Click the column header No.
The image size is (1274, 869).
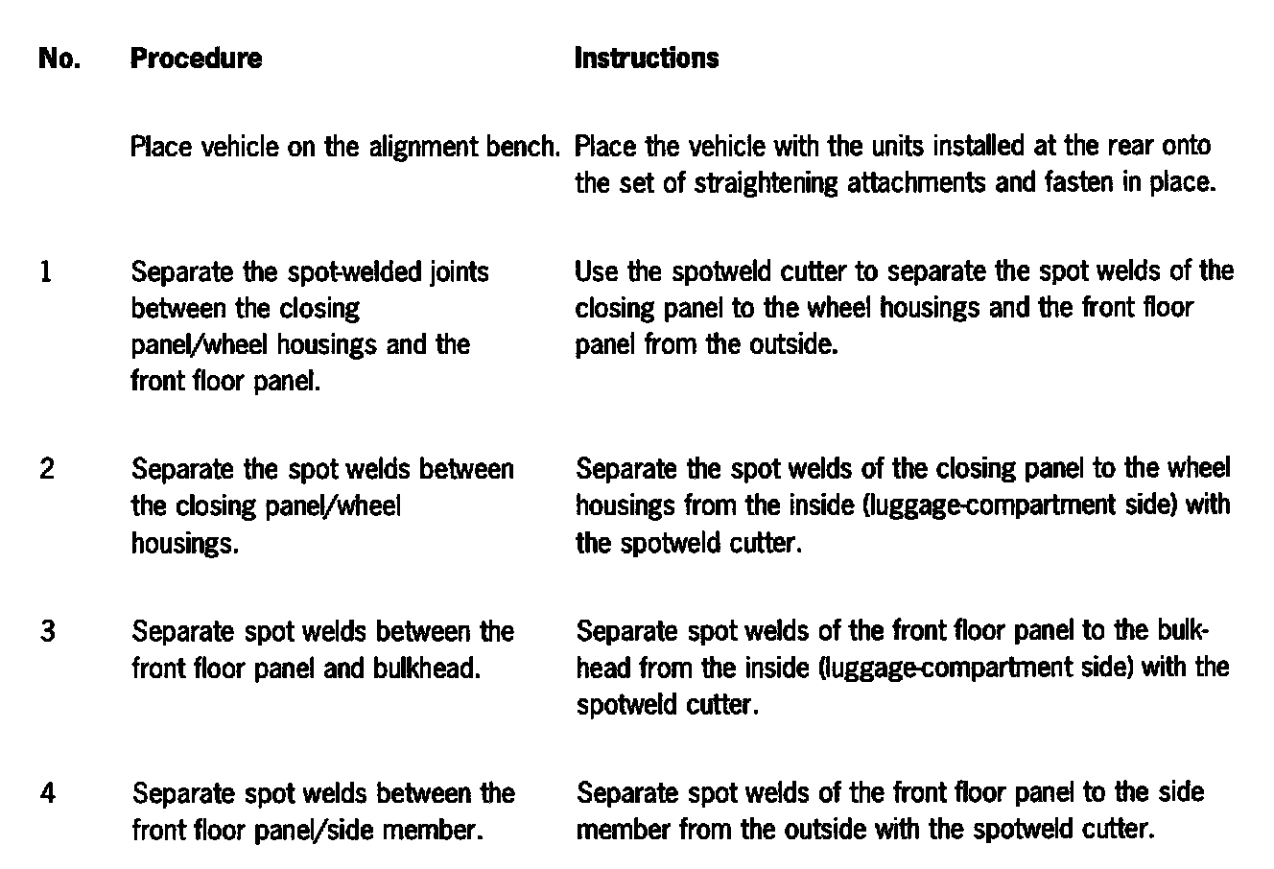58,59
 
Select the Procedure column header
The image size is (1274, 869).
196,59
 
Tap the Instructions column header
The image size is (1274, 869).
646,59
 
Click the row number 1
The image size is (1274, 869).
45,273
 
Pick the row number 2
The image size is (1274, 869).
47,470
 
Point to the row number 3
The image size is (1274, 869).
47,632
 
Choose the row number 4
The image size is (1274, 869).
48,794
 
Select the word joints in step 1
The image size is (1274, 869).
458,273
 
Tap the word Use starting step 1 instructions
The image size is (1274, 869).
596,272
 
